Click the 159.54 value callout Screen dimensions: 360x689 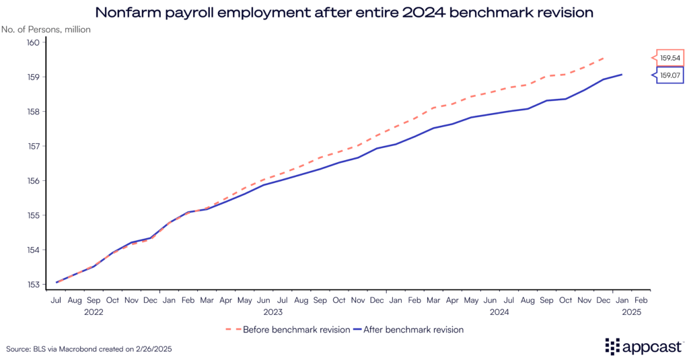[669, 58]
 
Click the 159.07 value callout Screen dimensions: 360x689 [669, 75]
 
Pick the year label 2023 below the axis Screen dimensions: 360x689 [273, 312]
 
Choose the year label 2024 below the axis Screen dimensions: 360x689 [499, 312]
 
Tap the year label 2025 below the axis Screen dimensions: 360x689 [632, 312]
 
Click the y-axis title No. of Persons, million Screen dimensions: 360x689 [46, 30]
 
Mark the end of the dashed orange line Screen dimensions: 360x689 [604, 58]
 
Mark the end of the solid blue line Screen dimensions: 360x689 [622, 75]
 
